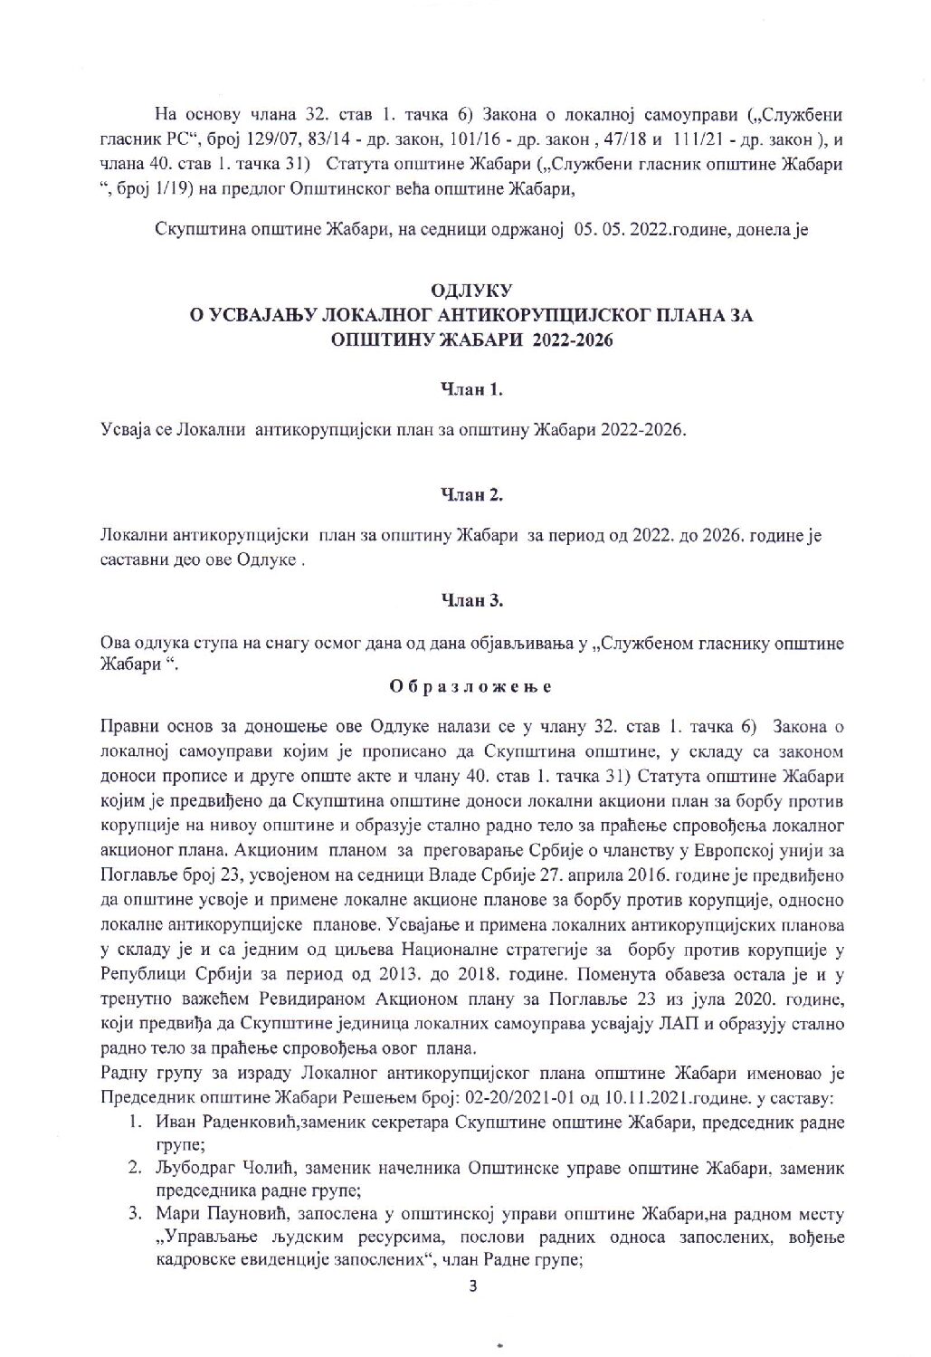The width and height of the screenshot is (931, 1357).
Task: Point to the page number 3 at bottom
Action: click(x=472, y=1288)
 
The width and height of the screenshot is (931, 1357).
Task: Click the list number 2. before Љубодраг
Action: click(x=134, y=1169)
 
